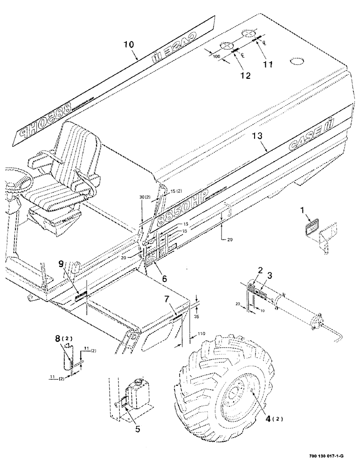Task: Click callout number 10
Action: pos(128,45)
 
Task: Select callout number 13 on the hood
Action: pos(257,136)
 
